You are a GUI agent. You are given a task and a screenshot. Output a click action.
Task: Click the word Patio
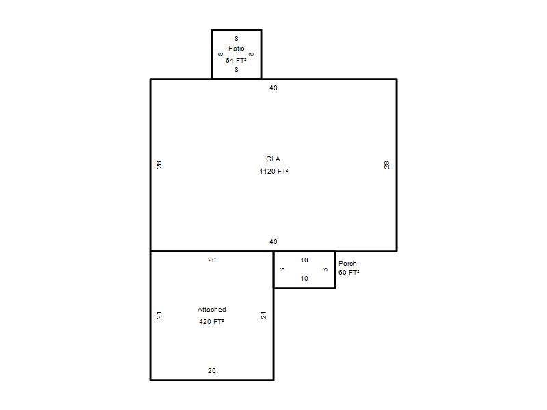[236, 48]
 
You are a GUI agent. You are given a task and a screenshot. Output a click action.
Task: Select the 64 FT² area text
[236, 60]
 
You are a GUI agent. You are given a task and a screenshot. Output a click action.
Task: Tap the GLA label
[273, 159]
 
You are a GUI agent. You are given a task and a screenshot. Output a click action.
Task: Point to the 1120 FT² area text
[273, 172]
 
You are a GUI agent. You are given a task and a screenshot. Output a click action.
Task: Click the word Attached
[211, 310]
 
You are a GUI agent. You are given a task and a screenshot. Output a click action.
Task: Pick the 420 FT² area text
[211, 321]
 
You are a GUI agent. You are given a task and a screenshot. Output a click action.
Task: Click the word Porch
[347, 264]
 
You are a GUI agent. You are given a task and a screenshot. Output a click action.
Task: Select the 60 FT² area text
[349, 272]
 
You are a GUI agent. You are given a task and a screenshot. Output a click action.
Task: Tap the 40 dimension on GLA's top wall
[273, 88]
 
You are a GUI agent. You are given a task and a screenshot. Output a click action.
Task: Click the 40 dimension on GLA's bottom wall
[273, 242]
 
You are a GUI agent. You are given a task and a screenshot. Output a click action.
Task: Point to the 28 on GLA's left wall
[159, 165]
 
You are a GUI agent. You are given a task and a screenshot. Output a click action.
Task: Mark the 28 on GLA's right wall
[386, 165]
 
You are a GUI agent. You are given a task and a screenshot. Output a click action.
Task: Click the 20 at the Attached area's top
[212, 260]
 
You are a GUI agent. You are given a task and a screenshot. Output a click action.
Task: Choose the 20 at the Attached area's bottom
[212, 371]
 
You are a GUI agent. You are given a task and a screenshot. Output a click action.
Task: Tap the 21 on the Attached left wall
[159, 316]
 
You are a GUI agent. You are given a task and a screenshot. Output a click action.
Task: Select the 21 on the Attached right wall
[264, 316]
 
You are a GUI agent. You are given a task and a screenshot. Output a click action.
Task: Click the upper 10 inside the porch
[304, 260]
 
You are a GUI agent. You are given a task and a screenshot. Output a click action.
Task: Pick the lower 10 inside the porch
[304, 279]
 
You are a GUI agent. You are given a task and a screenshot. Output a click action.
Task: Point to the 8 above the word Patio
[236, 39]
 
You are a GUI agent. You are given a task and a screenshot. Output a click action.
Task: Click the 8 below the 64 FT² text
[236, 70]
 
